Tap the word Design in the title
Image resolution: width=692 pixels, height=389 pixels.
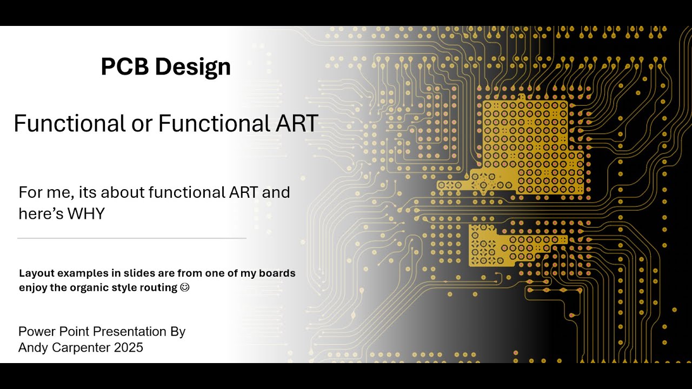coord(192,67)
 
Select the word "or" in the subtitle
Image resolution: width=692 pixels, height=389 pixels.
coord(142,123)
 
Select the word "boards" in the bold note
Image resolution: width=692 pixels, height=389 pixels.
coord(277,273)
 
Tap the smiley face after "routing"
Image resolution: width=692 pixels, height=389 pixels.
coord(185,287)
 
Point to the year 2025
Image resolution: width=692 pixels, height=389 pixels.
coord(129,347)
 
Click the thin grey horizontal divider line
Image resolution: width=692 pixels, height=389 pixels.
coord(131,238)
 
